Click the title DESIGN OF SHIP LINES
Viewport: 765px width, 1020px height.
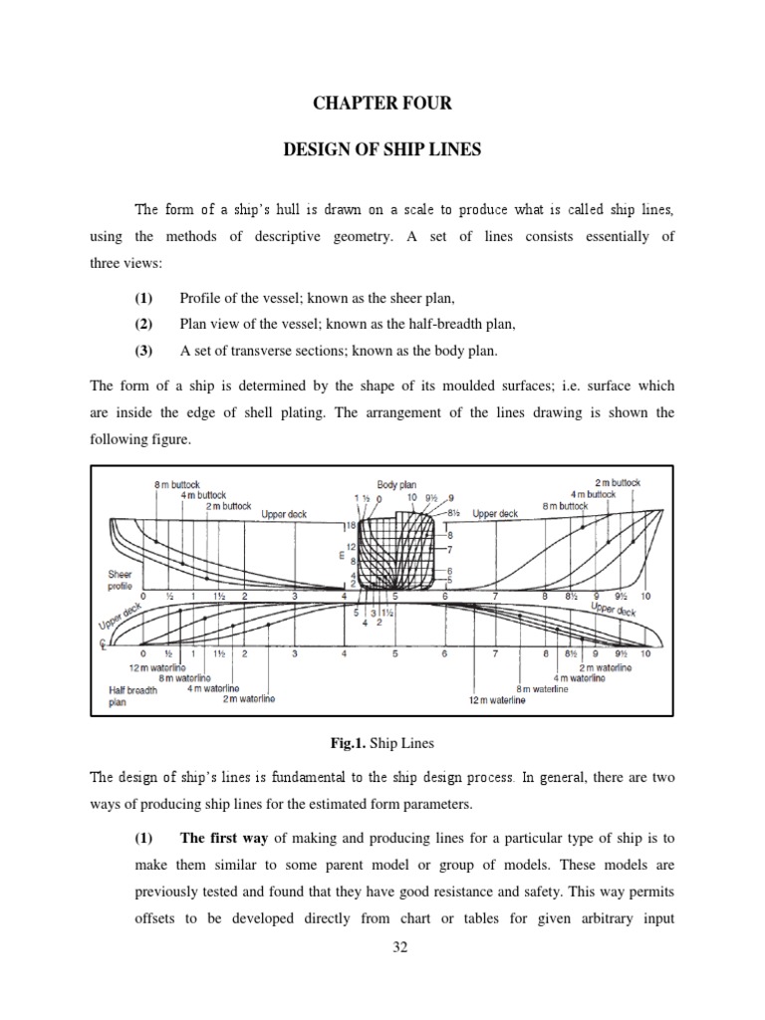pyautogui.click(x=382, y=149)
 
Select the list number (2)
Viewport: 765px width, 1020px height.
pyautogui.click(x=144, y=324)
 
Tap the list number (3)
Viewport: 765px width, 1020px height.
pyautogui.click(x=144, y=350)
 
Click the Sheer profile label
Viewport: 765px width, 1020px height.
pyautogui.click(x=120, y=580)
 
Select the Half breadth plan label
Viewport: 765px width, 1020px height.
pyautogui.click(x=132, y=695)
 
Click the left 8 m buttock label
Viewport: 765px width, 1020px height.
pyautogui.click(x=176, y=484)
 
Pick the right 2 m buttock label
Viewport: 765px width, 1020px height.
pyautogui.click(x=618, y=483)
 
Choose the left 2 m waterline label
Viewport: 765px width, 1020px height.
pyautogui.click(x=248, y=699)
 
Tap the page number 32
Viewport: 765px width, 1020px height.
pyautogui.click(x=382, y=947)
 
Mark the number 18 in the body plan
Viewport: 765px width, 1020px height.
pyautogui.click(x=350, y=525)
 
